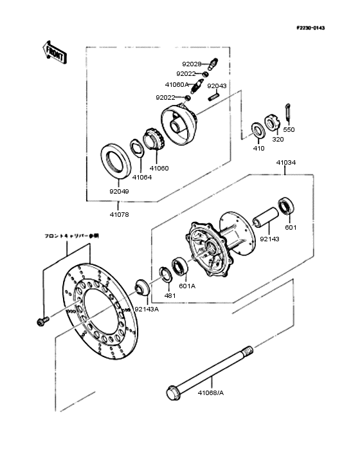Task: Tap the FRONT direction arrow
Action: (55, 53)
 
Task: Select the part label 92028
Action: (192, 64)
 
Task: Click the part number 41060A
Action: (177, 84)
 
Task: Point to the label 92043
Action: (217, 86)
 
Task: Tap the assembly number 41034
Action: (286, 163)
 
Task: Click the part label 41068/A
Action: (210, 392)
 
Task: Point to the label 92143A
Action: (147, 309)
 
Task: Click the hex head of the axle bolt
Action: (173, 391)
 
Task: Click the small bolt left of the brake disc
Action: (43, 320)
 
